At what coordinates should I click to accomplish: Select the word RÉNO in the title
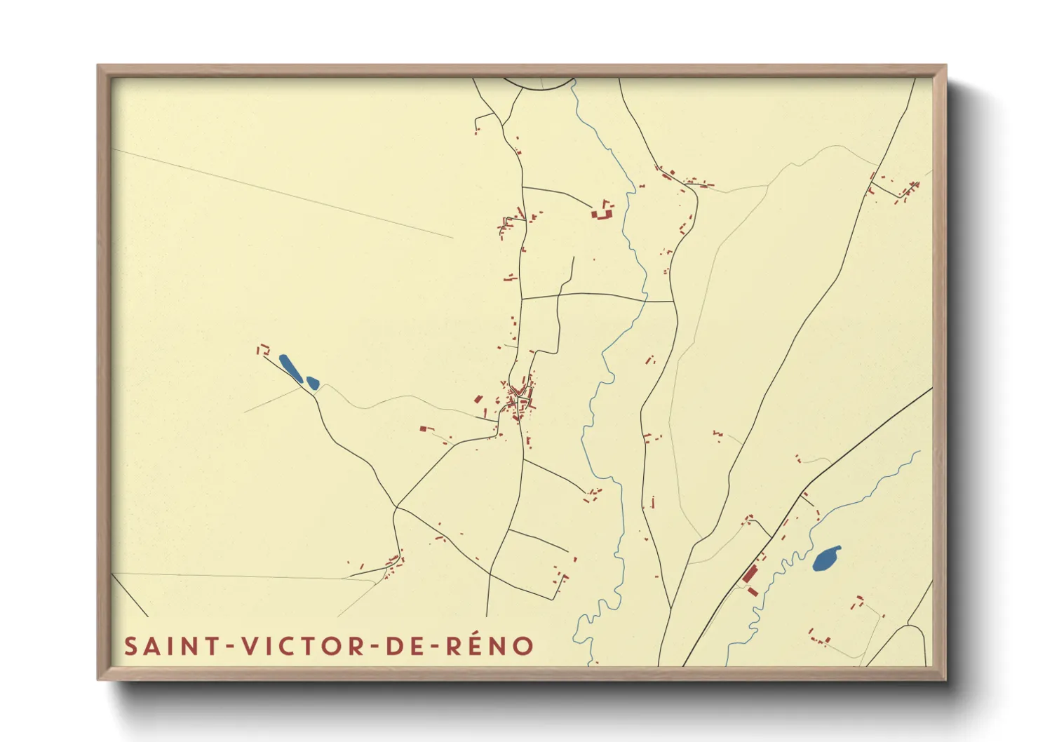[490, 646]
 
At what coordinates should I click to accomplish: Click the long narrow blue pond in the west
[290, 368]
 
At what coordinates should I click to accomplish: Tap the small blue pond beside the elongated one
[313, 383]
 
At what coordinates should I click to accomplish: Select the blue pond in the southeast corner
[826, 559]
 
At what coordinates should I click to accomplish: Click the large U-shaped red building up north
[602, 211]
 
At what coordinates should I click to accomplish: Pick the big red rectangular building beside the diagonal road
[749, 574]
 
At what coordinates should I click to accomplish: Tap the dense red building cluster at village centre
[520, 400]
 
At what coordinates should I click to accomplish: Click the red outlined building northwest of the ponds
[264, 349]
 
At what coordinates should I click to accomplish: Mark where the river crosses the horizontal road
[645, 299]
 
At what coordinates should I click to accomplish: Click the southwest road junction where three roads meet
[396, 506]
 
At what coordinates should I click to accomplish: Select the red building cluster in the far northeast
[906, 191]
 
